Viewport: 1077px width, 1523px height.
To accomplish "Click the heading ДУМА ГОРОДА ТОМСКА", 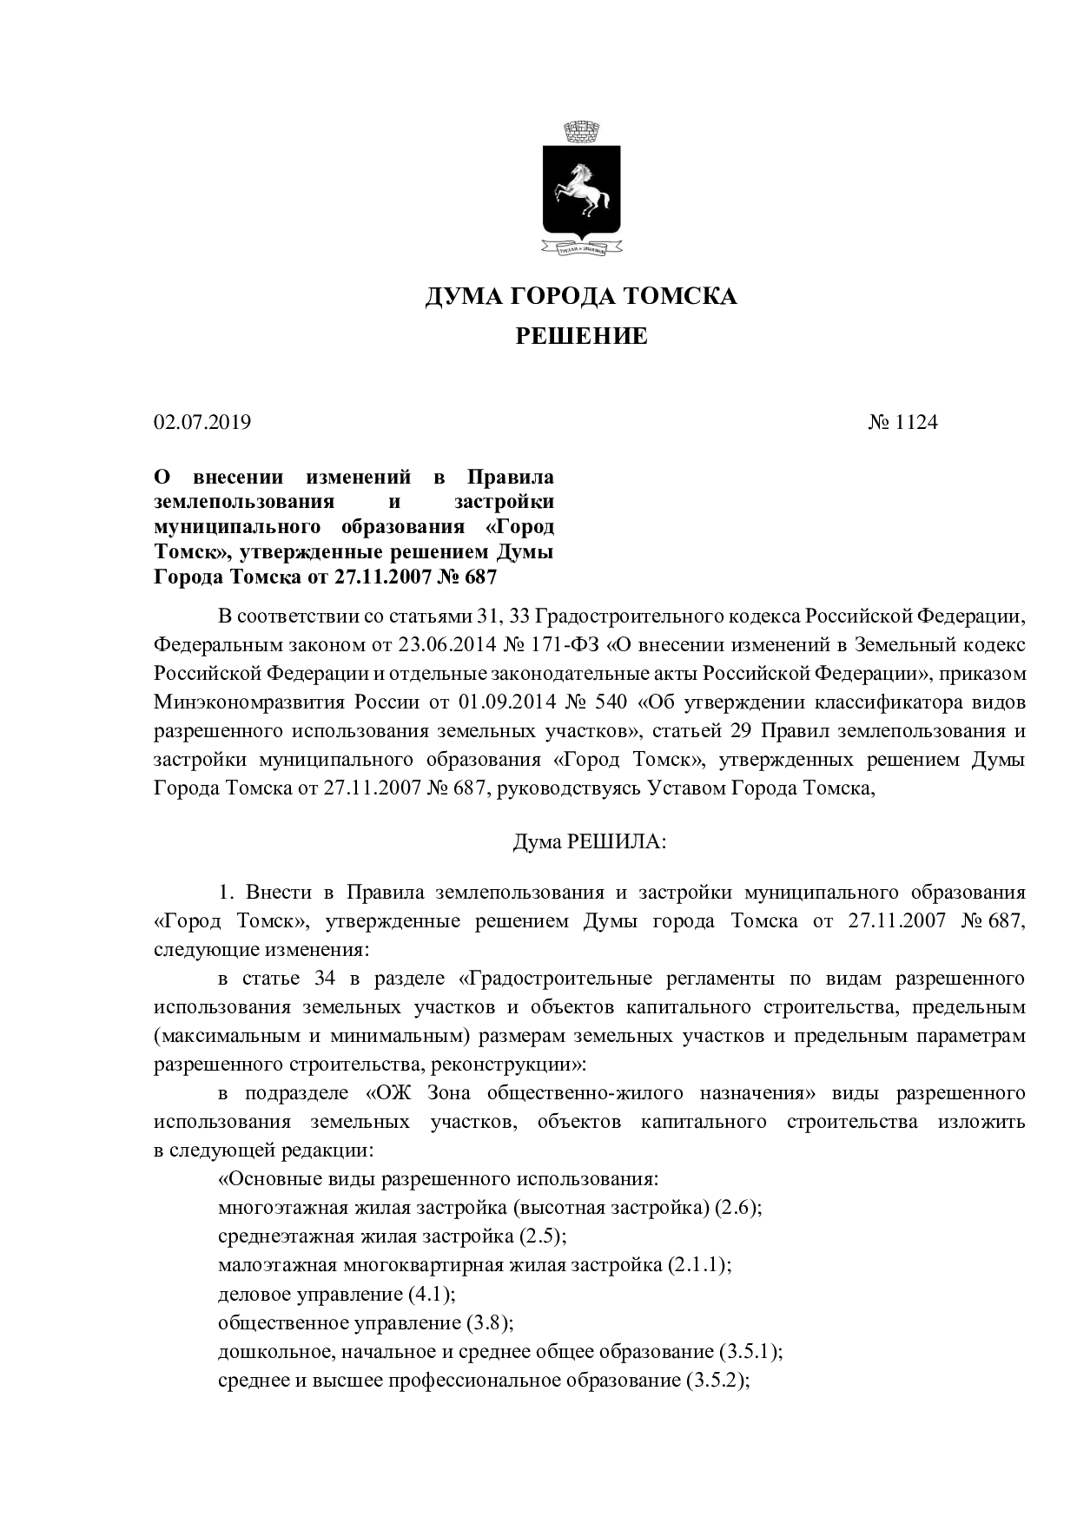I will tap(581, 297).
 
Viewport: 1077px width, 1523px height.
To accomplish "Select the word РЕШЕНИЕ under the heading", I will tap(582, 336).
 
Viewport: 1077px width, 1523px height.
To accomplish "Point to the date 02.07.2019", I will tap(202, 423).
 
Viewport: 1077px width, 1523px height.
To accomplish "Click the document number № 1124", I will tap(903, 423).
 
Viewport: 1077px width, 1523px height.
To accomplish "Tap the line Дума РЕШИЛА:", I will tap(590, 842).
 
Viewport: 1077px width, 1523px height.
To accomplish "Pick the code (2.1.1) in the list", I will tap(699, 1264).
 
